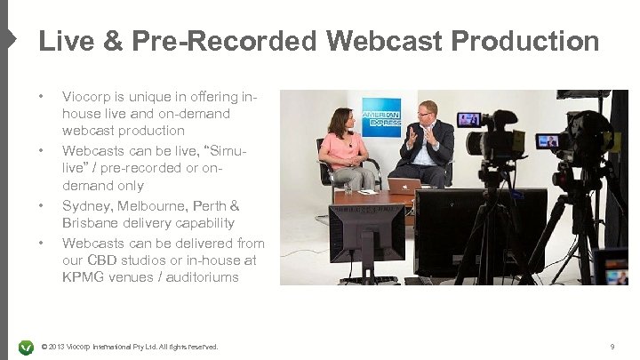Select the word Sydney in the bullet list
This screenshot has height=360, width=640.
[85, 205]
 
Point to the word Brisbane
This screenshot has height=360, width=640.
[89, 223]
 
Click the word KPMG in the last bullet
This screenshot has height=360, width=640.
[82, 278]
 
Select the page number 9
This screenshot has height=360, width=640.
[612, 346]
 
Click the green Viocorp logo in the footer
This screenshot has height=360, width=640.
[26, 346]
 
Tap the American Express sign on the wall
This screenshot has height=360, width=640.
[381, 116]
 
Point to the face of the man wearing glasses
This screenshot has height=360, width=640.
[428, 113]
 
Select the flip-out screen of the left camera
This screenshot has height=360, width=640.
[468, 120]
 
